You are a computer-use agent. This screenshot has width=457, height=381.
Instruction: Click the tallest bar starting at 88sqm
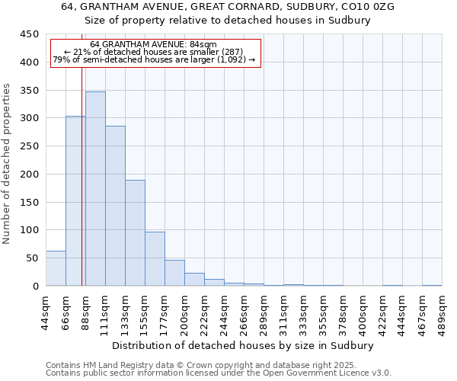[95, 189]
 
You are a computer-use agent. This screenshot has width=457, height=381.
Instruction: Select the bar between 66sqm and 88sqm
[75, 201]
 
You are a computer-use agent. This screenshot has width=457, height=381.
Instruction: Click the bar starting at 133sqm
[135, 233]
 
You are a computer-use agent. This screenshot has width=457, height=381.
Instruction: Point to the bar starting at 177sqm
[174, 274]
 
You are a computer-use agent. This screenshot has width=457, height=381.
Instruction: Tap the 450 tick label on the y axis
[30, 34]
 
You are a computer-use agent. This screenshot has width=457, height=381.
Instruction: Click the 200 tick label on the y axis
[30, 174]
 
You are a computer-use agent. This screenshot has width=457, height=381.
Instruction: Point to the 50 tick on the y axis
[33, 258]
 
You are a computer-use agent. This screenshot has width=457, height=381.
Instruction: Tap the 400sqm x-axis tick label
[363, 311]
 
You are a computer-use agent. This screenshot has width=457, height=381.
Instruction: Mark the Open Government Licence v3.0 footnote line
[219, 373]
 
